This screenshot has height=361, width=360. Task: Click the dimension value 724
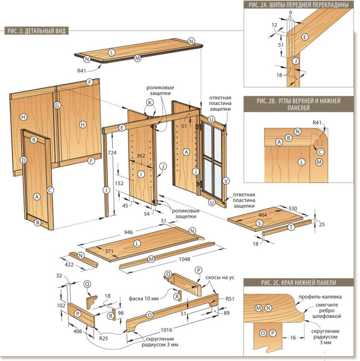tap(112, 153)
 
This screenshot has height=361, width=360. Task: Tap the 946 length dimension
tap(128, 232)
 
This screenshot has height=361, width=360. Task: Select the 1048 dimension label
tap(184, 259)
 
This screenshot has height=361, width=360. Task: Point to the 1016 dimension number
tap(166, 330)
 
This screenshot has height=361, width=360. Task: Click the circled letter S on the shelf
tap(259, 223)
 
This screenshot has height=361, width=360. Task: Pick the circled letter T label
tap(291, 227)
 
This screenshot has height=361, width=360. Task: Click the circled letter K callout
tap(150, 102)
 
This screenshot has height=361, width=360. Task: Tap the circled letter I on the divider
tap(141, 174)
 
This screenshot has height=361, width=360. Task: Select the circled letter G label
tap(57, 106)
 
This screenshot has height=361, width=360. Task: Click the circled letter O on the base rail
tap(150, 315)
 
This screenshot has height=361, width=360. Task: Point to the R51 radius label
tap(230, 299)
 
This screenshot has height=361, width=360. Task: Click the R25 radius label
tap(104, 338)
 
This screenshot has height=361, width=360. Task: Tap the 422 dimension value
tap(69, 265)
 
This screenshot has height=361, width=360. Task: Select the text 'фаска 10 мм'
tap(144, 299)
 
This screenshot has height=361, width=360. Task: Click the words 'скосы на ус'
tap(220, 277)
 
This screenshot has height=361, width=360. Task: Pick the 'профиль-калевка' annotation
tap(320, 297)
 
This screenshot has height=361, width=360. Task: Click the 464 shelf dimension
tap(262, 215)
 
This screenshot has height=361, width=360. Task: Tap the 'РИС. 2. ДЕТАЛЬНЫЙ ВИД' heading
tap(37, 31)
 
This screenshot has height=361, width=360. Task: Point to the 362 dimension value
tap(140, 156)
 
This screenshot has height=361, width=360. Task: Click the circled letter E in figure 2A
tap(305, 37)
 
